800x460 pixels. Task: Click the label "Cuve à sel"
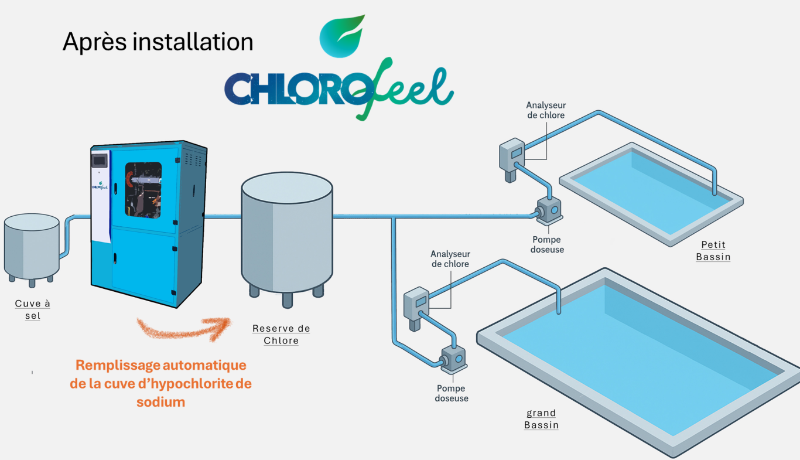pos(33,309)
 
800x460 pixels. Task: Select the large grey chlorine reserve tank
pos(287,234)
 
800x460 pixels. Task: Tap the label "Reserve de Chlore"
pos(281,335)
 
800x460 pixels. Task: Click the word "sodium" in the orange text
pos(160,402)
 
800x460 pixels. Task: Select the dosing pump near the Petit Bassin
pos(549,211)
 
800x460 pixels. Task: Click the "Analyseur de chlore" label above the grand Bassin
pos(450,259)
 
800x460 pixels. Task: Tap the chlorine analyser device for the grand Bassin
pos(416,305)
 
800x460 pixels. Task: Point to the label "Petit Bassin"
pos(713,251)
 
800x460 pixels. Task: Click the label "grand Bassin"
pos(541,419)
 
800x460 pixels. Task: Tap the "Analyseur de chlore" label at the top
pos(546,110)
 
